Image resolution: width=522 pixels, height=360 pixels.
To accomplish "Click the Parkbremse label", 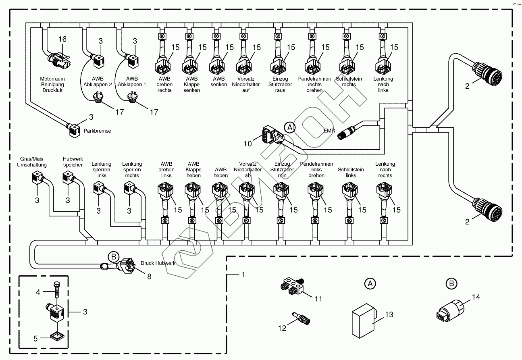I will pyautogui.click(x=97, y=131).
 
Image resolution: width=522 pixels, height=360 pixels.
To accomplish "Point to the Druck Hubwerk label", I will pyautogui.click(x=158, y=263).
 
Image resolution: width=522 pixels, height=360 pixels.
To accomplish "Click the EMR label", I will pyautogui.click(x=329, y=131).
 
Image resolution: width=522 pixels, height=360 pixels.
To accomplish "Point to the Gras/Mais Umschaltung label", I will pyautogui.click(x=32, y=162).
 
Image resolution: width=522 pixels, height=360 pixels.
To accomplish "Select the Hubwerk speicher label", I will pyautogui.click(x=73, y=162).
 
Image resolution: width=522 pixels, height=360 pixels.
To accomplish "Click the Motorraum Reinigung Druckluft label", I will pyautogui.click(x=52, y=85).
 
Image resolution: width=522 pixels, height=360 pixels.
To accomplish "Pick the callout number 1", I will pyautogui.click(x=243, y=275).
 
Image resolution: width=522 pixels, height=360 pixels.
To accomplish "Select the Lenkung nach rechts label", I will pyautogui.click(x=385, y=170).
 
